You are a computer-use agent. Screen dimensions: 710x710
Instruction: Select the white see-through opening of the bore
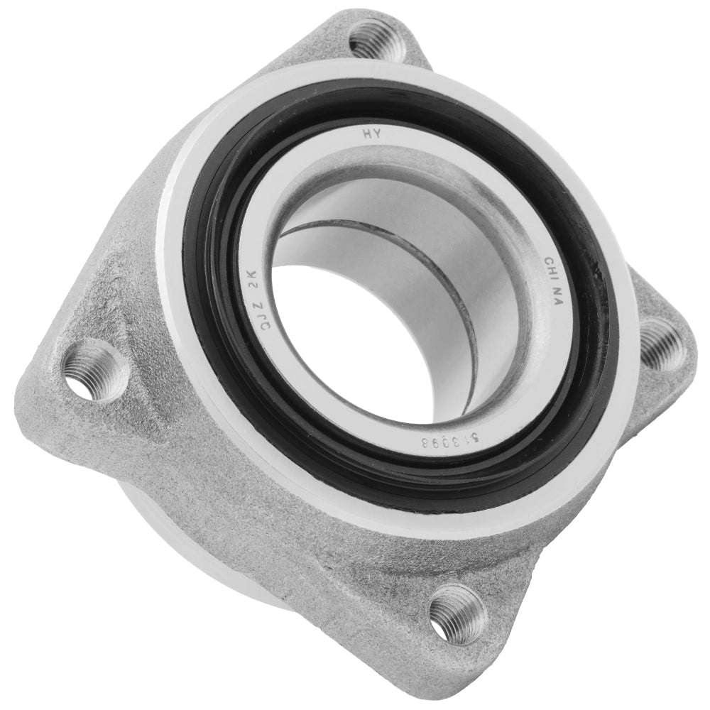(x=334, y=341)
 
